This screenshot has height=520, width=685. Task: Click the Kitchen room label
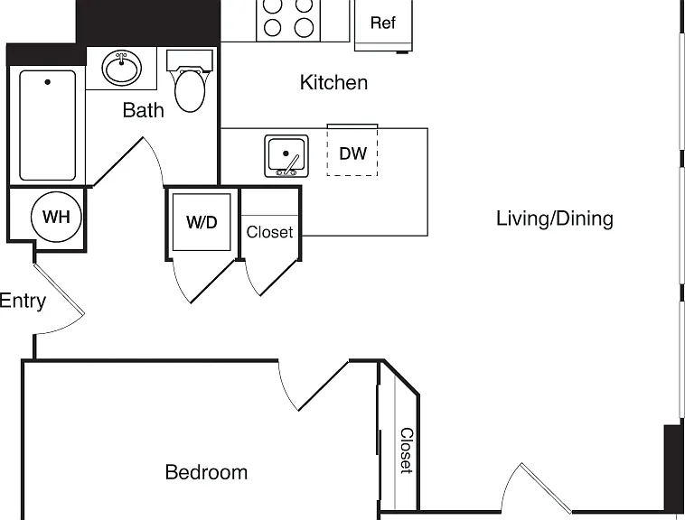click(333, 82)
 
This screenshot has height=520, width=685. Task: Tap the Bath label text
click(144, 110)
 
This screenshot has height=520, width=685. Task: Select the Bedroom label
click(206, 472)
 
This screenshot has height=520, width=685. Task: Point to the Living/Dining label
click(554, 218)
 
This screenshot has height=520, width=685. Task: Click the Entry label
click(23, 301)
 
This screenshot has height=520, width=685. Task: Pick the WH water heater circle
click(56, 217)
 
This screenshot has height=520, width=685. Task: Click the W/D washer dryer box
click(202, 222)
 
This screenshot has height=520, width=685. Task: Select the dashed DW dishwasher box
click(352, 151)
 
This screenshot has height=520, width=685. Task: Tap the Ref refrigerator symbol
click(383, 25)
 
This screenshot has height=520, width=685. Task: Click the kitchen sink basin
click(286, 156)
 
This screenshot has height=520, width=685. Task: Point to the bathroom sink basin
click(122, 68)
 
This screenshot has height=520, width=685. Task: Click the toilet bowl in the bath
click(190, 90)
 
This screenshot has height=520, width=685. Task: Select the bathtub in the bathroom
click(47, 125)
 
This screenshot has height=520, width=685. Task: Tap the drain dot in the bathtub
click(48, 81)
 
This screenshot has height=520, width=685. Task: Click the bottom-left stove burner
click(272, 27)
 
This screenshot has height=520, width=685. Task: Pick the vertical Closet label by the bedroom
click(407, 450)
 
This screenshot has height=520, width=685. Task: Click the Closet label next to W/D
click(269, 232)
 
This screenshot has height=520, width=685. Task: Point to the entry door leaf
click(59, 288)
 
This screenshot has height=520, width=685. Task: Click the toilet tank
click(190, 60)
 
